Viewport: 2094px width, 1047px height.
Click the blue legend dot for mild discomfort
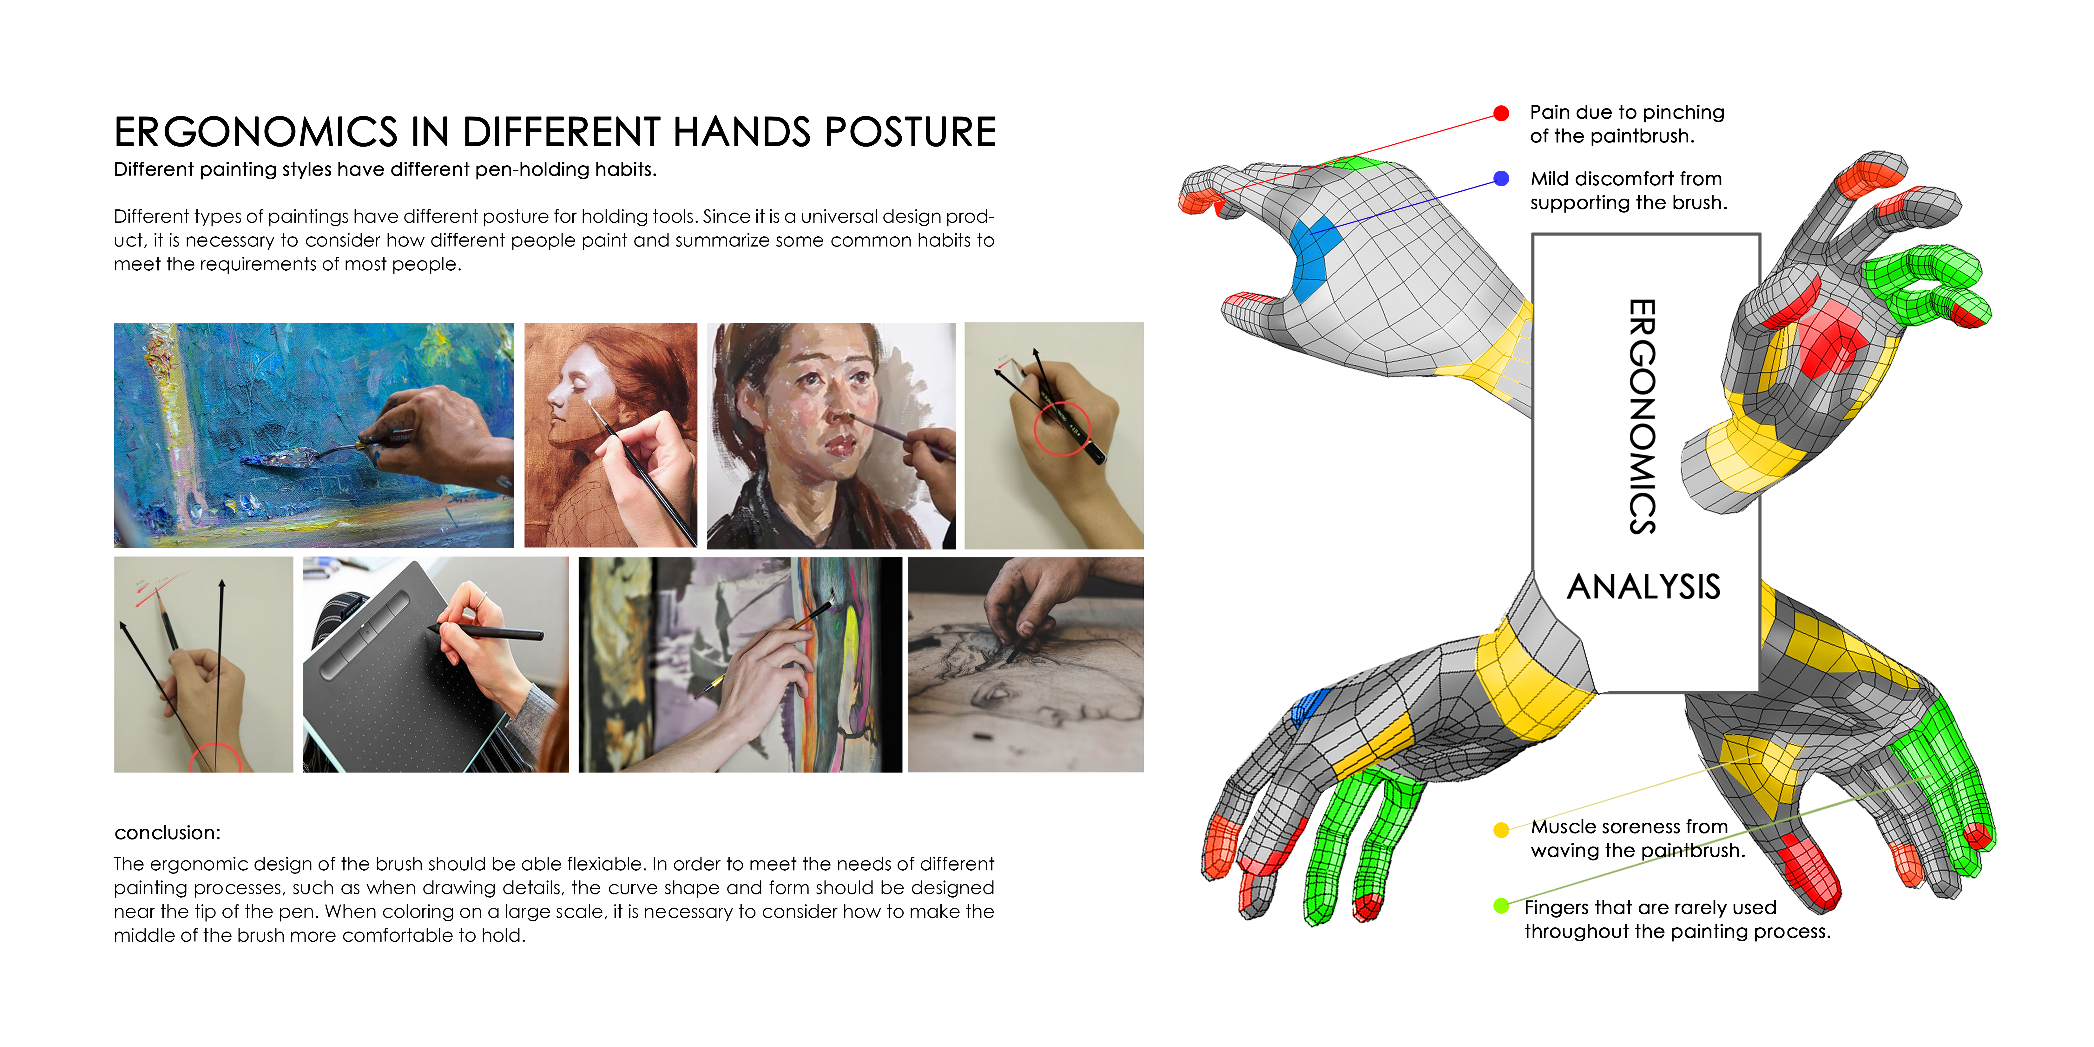click(x=1501, y=179)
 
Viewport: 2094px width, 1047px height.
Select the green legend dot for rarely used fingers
click(x=1501, y=905)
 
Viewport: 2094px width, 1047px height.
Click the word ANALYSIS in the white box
click(x=1644, y=587)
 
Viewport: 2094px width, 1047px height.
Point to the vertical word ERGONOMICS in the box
click(x=1642, y=416)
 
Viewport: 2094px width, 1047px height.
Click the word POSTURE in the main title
click(x=911, y=133)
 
